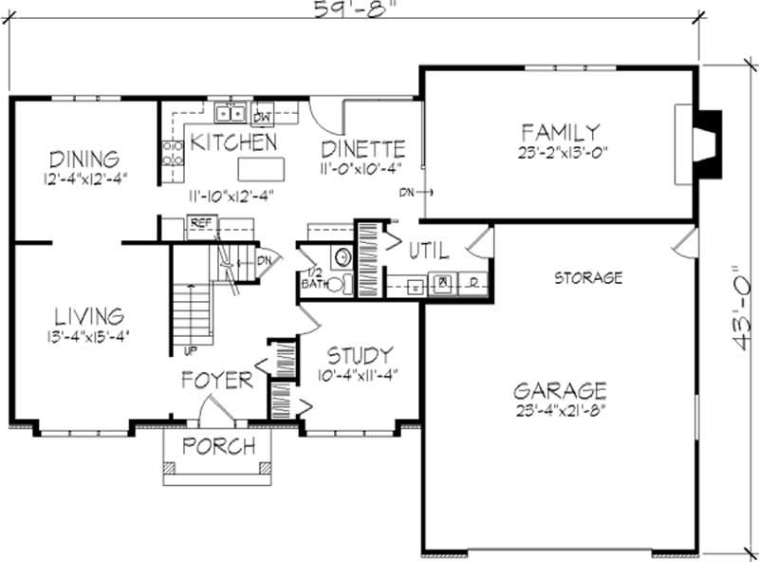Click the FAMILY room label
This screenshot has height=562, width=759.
[560, 132]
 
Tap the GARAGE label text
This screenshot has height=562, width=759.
[560, 390]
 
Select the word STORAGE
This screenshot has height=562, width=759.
[588, 278]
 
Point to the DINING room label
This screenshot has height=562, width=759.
[84, 159]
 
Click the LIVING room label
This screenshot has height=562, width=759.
[87, 315]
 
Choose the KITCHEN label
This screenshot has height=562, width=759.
[233, 143]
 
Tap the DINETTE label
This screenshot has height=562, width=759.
[363, 149]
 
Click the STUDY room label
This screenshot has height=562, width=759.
[360, 356]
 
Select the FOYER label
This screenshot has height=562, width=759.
[218, 381]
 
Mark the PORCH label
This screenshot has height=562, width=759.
[219, 446]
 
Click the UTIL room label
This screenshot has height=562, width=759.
[429, 252]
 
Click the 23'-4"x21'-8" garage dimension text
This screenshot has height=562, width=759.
[560, 410]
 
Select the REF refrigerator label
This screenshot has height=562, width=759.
[200, 222]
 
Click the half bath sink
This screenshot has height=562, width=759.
[341, 257]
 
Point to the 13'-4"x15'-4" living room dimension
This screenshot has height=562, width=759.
[87, 334]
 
